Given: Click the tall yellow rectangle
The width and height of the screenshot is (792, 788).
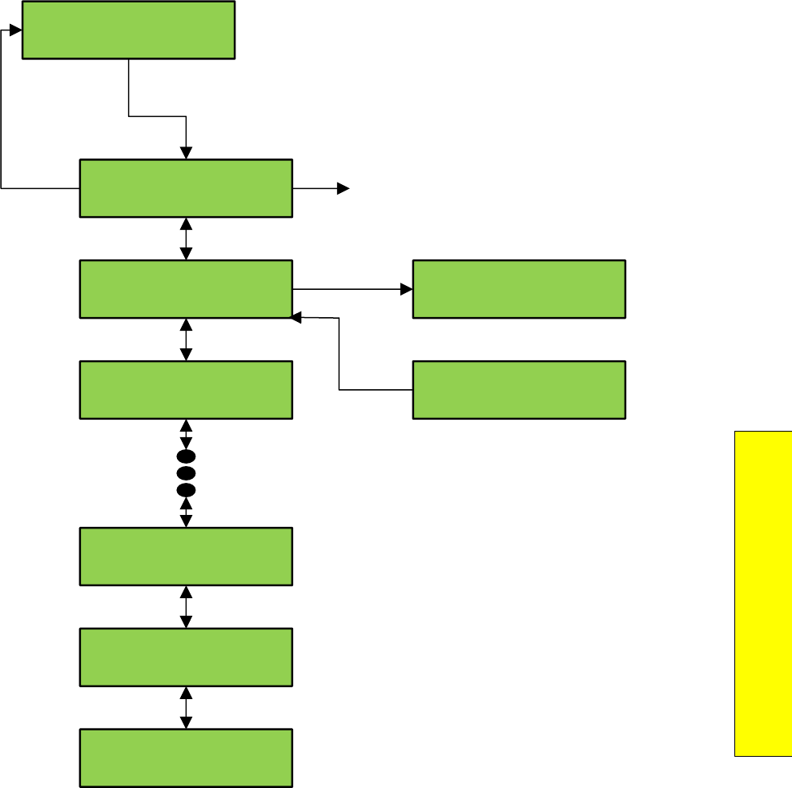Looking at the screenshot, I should (762, 593).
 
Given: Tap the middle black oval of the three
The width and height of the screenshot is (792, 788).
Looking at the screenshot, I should (186, 473).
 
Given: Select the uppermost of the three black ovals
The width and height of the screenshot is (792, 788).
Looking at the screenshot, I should (186, 457).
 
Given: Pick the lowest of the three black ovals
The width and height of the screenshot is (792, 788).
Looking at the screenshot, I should (186, 489).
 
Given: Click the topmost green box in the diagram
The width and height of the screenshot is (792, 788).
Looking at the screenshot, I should (128, 30).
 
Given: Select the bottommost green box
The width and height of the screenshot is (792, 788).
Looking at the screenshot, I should (186, 758).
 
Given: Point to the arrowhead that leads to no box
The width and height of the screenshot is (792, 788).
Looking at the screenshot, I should (344, 188).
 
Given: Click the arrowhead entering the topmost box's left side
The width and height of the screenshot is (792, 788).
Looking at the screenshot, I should (16, 30).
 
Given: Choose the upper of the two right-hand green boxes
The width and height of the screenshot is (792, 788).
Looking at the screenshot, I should (519, 288).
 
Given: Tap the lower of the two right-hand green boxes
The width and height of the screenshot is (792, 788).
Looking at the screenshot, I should (519, 390).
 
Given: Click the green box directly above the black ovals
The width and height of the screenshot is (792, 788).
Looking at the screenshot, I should (186, 390).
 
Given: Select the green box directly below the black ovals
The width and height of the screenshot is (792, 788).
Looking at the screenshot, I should (186, 557).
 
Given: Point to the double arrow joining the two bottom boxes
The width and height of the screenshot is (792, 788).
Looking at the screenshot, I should (187, 707).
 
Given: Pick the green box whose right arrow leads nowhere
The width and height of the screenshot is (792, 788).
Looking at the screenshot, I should (186, 188).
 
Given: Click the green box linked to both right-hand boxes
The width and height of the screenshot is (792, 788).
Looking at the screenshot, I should (186, 288).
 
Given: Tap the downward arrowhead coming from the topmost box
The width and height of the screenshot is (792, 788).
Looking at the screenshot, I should (187, 153).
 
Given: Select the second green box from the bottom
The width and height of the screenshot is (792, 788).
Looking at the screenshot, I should (186, 657).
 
